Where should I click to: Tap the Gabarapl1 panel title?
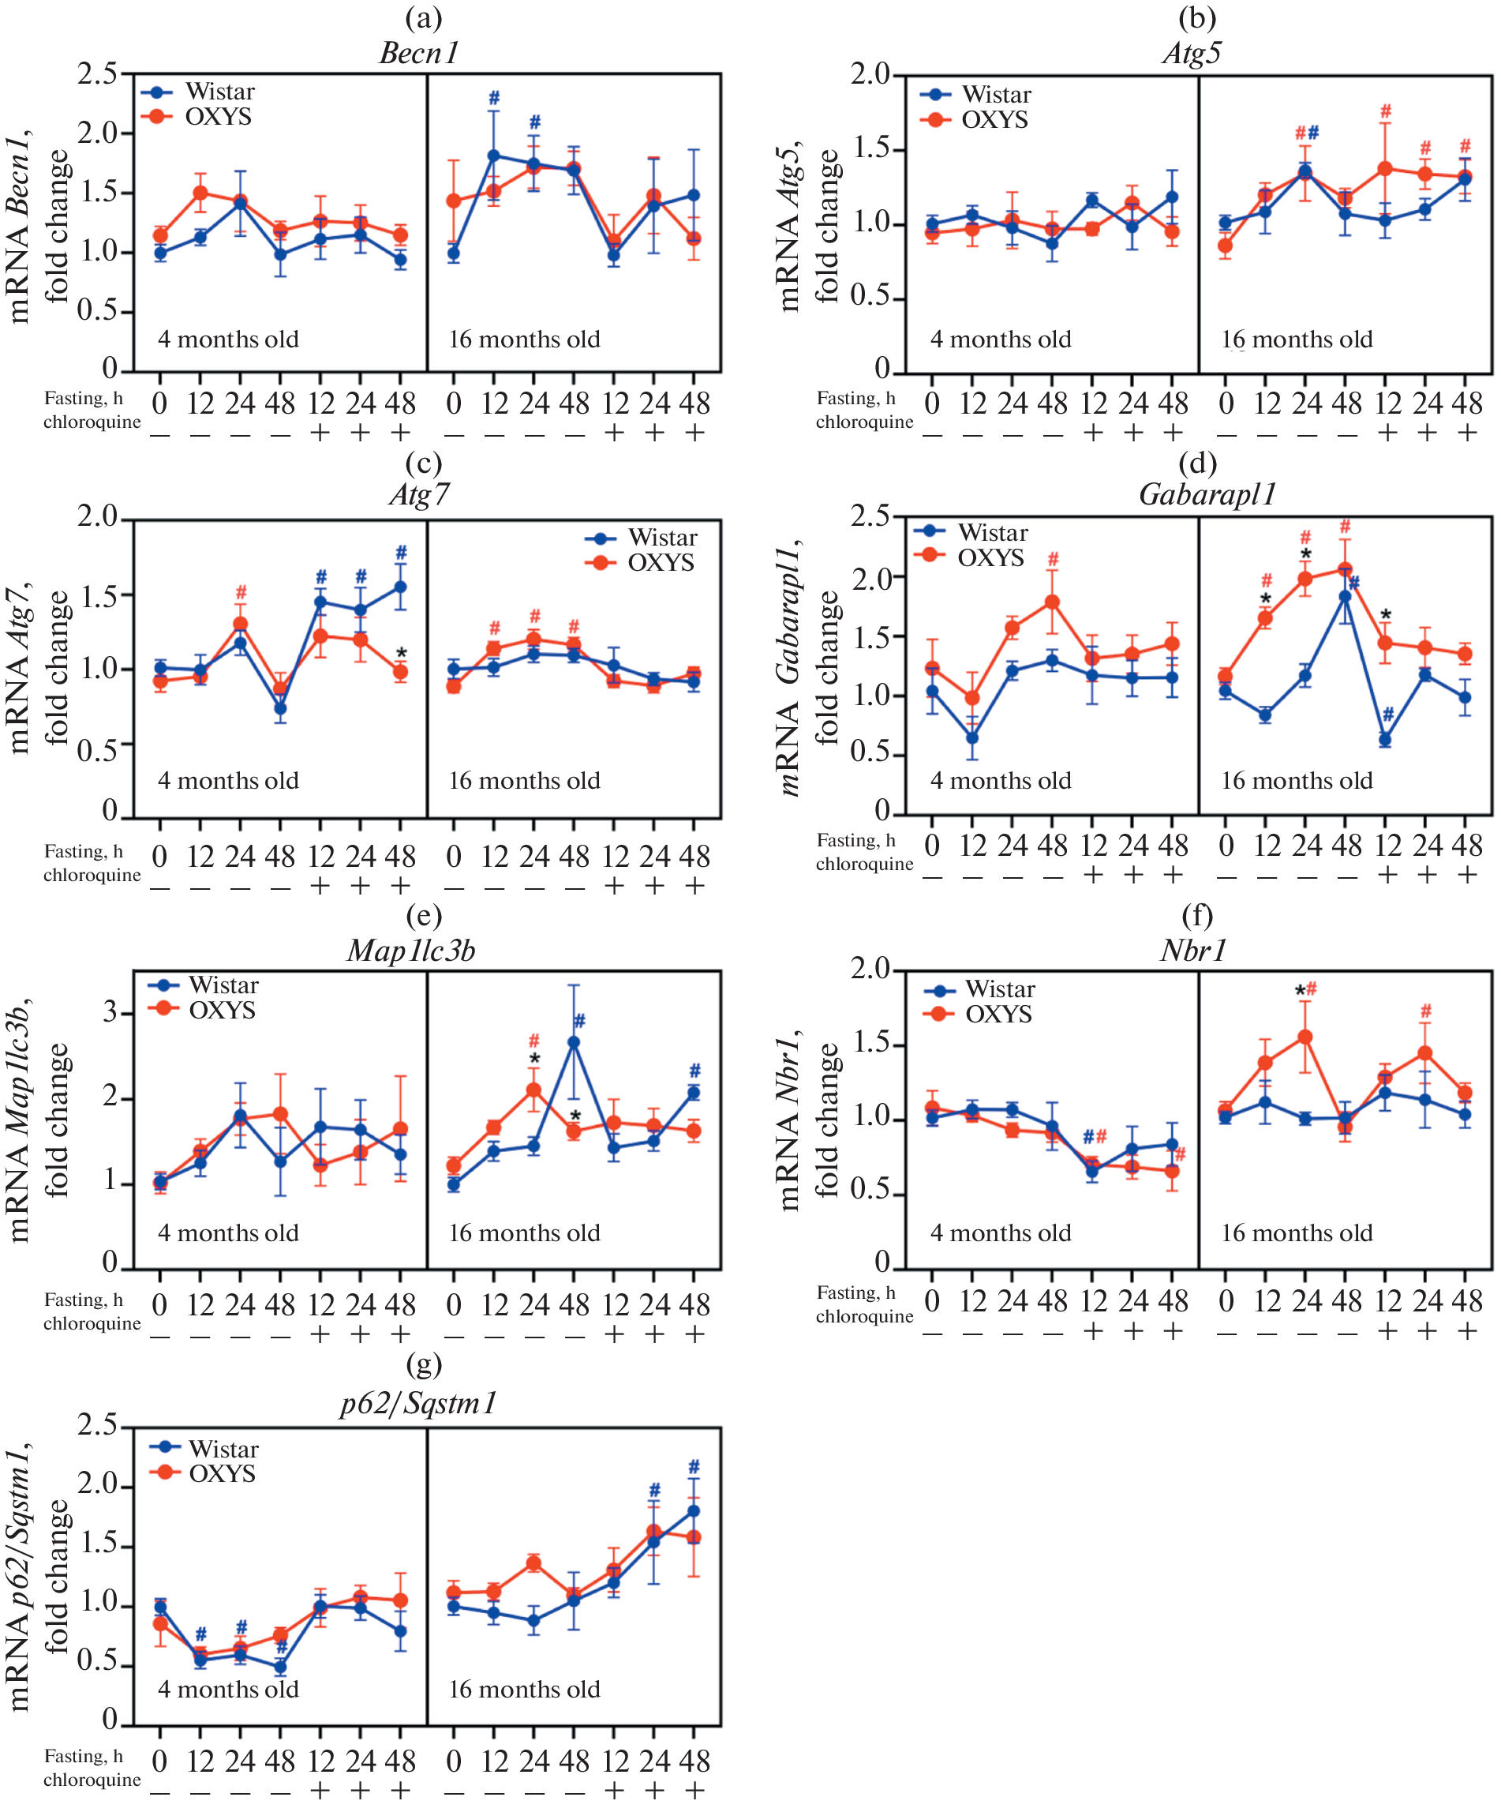(1207, 494)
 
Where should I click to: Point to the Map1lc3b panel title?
(410, 950)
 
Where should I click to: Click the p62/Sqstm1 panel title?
(418, 1403)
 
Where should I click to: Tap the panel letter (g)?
(423, 1364)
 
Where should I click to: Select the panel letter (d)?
(1196, 463)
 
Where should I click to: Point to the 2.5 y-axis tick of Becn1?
(96, 74)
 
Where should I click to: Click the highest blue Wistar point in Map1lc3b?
(574, 1042)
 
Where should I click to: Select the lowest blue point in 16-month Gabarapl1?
(1386, 740)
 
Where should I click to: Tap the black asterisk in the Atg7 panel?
(402, 654)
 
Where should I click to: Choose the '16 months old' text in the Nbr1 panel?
(1297, 1233)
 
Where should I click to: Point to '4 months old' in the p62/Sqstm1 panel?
(228, 1689)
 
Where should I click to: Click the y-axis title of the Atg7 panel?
(39, 669)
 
